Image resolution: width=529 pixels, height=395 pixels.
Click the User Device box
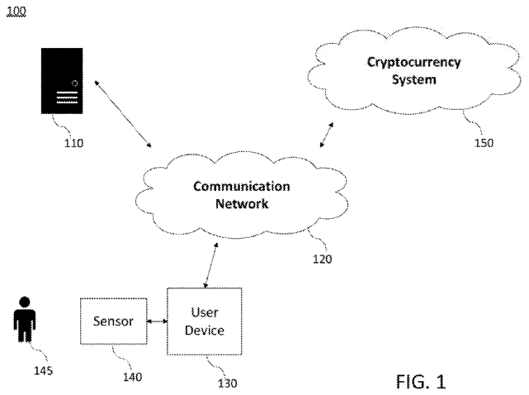[x=204, y=321]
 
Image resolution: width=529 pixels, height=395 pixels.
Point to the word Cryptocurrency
[x=402, y=63]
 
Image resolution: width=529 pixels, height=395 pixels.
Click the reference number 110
[x=73, y=142]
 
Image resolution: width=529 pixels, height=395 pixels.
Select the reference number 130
[x=226, y=383]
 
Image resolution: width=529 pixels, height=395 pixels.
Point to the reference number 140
[x=131, y=377]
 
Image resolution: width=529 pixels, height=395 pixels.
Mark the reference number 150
[x=484, y=142]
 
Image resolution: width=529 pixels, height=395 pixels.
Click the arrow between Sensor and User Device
[x=156, y=321]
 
